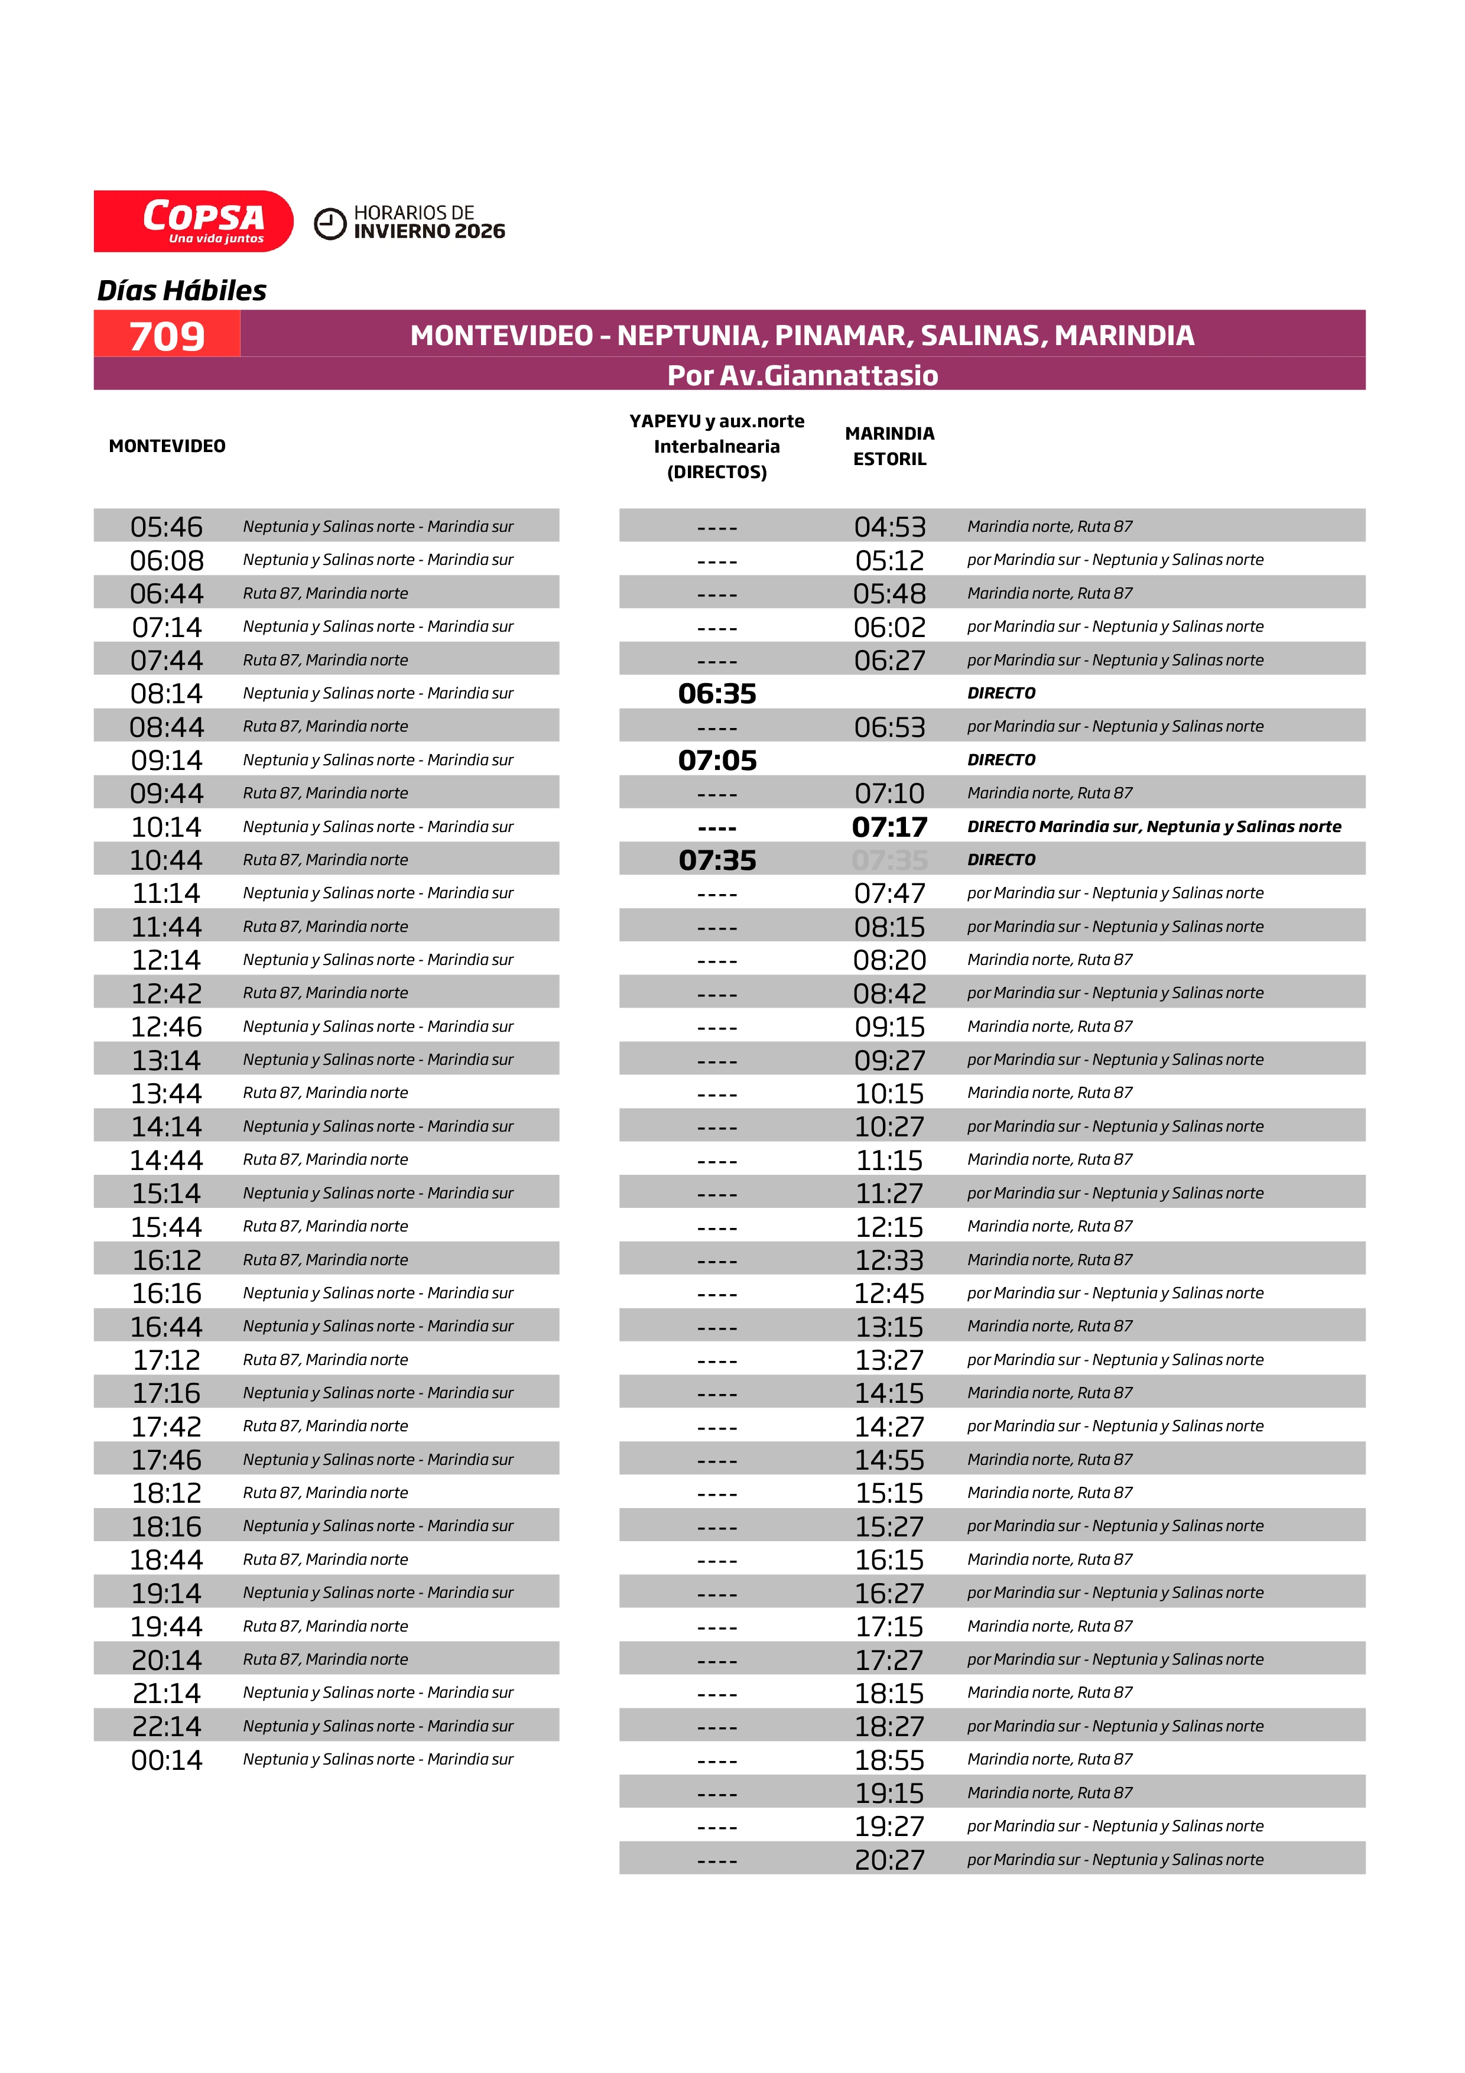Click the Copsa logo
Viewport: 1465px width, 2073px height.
(x=193, y=221)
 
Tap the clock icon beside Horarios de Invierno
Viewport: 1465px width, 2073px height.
(x=330, y=224)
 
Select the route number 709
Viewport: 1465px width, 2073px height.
(x=167, y=336)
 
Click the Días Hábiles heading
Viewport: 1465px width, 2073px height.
(x=181, y=291)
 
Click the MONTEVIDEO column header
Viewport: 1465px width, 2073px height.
(x=167, y=446)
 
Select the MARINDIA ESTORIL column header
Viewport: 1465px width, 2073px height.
(x=889, y=446)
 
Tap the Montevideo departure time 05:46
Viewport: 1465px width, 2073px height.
(x=167, y=527)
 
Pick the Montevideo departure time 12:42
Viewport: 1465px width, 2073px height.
(x=167, y=993)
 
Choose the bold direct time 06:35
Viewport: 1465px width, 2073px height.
(x=717, y=693)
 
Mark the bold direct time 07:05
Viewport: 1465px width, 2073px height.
(x=717, y=760)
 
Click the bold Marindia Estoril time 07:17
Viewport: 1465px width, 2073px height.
(x=889, y=827)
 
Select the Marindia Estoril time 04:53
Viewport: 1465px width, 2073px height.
(x=889, y=527)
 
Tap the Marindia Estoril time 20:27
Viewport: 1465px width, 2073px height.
(x=889, y=1860)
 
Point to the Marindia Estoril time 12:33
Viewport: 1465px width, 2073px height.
(x=889, y=1259)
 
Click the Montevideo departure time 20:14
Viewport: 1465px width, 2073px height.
(x=167, y=1659)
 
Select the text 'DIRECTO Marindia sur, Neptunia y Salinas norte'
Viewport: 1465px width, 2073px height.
(x=1154, y=827)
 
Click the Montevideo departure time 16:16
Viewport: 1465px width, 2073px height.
(x=167, y=1293)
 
